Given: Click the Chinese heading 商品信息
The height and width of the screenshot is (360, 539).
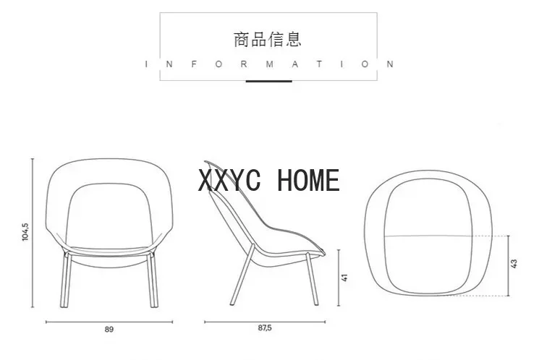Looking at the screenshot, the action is coord(268,38).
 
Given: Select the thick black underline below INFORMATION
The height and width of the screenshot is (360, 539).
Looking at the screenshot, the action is coord(268,81).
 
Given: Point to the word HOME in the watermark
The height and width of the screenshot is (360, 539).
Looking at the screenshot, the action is coord(308,180).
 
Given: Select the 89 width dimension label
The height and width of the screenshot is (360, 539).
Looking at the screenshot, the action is coord(109,329).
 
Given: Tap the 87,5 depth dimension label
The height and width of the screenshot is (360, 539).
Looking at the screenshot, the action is coord(264,329).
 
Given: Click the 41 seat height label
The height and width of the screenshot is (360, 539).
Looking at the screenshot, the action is coord(345,277).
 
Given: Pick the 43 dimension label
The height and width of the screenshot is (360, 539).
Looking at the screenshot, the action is coord(514,265).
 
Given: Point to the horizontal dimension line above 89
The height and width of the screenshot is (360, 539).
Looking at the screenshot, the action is coord(109,321).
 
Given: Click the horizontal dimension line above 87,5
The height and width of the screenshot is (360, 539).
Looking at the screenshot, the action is coord(264,321).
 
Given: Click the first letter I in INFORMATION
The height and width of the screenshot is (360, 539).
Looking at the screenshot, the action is coord(147,64).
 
